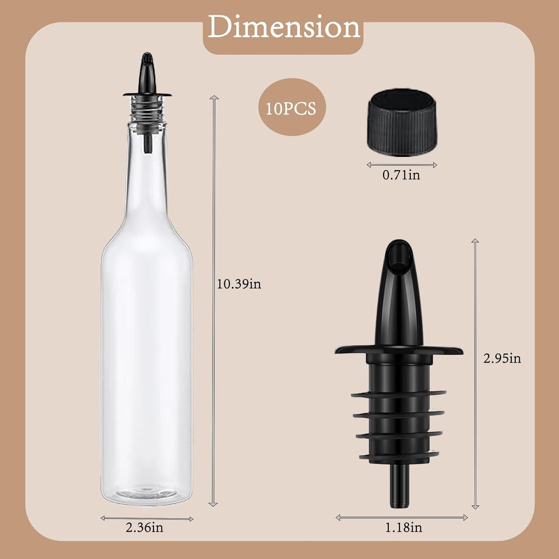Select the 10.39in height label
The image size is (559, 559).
[239, 284]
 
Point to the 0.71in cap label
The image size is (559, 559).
[401, 175]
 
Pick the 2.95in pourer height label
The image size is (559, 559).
[502, 358]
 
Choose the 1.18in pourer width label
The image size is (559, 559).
[403, 527]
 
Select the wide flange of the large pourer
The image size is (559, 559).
[398, 350]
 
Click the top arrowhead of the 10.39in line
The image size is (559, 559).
[214, 98]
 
